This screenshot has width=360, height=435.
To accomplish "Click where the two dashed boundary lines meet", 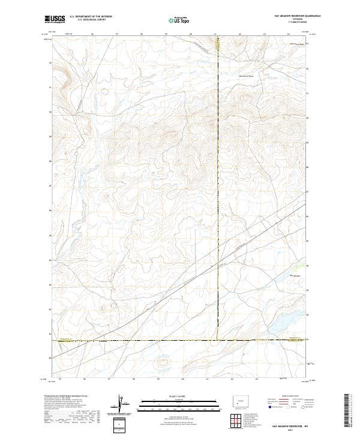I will pyautogui.click(x=218, y=340).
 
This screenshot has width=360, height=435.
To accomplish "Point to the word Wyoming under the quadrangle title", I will pyautogui.click(x=287, y=19).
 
